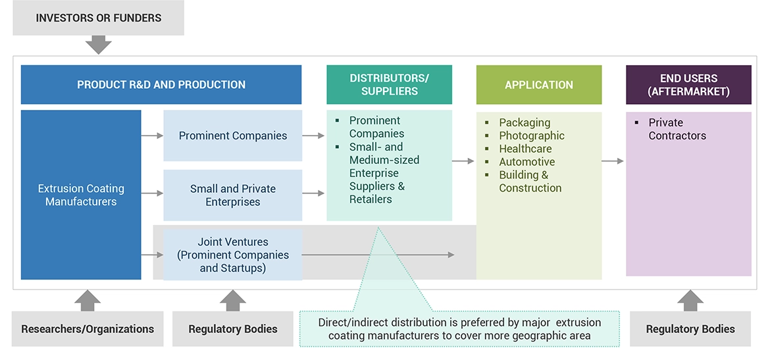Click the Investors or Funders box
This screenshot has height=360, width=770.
[98, 18]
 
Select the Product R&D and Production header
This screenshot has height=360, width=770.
[161, 85]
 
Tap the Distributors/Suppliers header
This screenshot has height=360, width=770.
[389, 85]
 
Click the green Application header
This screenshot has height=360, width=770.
[538, 85]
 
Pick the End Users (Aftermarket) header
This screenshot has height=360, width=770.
[688, 85]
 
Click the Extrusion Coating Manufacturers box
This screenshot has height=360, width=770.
[81, 195]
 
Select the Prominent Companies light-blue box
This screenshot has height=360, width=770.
[233, 136]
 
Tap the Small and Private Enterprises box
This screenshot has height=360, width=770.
[233, 195]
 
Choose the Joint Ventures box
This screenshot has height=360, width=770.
[233, 255]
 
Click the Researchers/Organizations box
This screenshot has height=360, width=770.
[88, 329]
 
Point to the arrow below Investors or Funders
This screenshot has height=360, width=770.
[99, 44]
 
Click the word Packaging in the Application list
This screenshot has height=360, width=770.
[525, 122]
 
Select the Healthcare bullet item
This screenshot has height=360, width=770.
[525, 149]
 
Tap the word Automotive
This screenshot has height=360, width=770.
[526, 162]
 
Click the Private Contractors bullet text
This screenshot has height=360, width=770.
[677, 129]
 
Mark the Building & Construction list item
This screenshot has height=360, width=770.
[530, 182]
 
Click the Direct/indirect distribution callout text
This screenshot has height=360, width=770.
[459, 329]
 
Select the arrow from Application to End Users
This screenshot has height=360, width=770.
[613, 161]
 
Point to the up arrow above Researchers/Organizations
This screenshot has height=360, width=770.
[88, 300]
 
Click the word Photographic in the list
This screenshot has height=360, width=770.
[532, 136]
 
